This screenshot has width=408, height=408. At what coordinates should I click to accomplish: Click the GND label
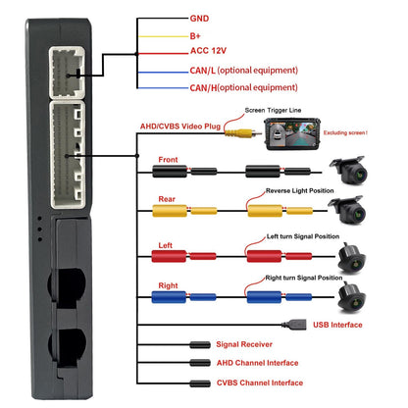[x=199, y=19]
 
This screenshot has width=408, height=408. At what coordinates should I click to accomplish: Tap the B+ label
[x=195, y=36]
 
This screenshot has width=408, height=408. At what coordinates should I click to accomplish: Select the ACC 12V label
[x=208, y=51]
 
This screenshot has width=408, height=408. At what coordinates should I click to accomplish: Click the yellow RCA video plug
[x=243, y=133]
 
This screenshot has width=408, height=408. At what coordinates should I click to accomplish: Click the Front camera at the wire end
[x=349, y=170]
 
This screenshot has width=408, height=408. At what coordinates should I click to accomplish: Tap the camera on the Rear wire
[x=347, y=210]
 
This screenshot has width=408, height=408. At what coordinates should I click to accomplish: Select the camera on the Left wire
[x=352, y=258]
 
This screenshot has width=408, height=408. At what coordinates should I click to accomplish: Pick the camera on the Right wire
[x=352, y=297]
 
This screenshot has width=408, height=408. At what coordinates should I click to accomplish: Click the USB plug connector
[x=294, y=325]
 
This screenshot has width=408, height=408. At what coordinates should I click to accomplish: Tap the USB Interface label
[x=337, y=325]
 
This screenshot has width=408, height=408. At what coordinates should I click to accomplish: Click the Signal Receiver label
[x=244, y=344]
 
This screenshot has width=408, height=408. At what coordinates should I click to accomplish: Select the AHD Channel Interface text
[x=257, y=363]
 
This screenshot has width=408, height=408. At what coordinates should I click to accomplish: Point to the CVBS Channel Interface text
[x=260, y=382]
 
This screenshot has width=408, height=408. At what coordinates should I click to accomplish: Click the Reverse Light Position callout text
[x=300, y=190]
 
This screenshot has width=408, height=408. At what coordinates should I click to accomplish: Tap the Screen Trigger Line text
[x=273, y=110]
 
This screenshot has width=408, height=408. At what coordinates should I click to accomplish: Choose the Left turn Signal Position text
[x=303, y=236]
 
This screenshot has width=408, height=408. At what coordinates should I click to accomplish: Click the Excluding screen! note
[x=345, y=132]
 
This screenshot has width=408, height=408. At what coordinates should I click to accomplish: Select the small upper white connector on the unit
[x=67, y=73]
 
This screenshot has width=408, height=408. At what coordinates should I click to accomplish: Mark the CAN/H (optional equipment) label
[x=244, y=87]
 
